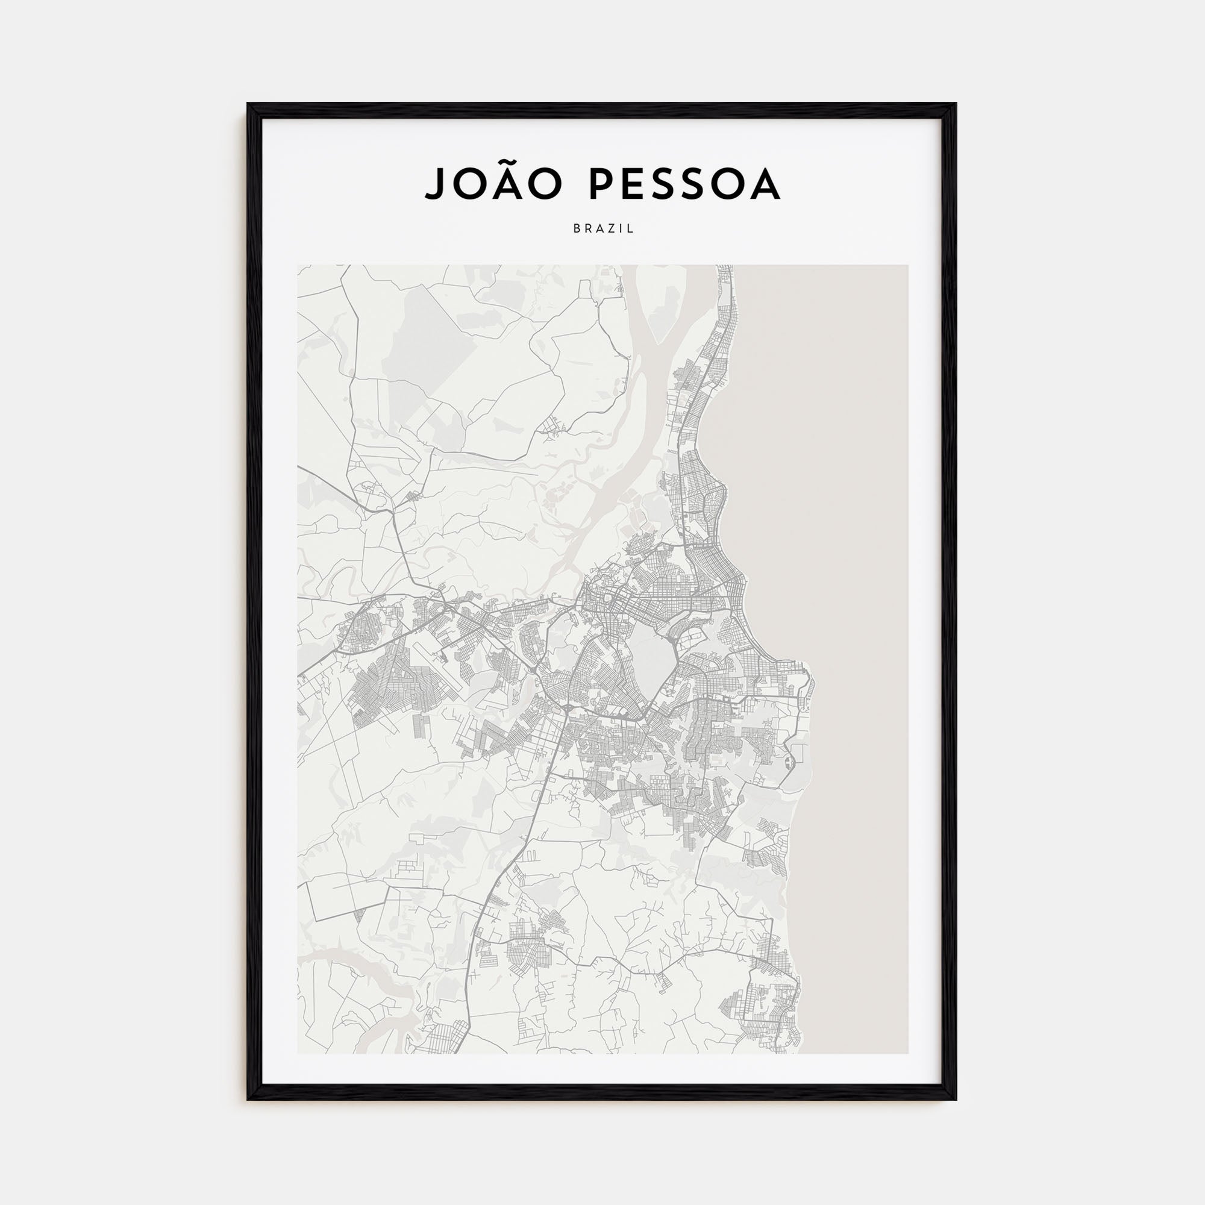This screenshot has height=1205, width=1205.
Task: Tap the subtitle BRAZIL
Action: click(603, 229)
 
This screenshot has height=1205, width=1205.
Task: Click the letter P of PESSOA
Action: click(601, 183)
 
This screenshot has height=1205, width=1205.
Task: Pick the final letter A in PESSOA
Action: click(765, 183)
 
